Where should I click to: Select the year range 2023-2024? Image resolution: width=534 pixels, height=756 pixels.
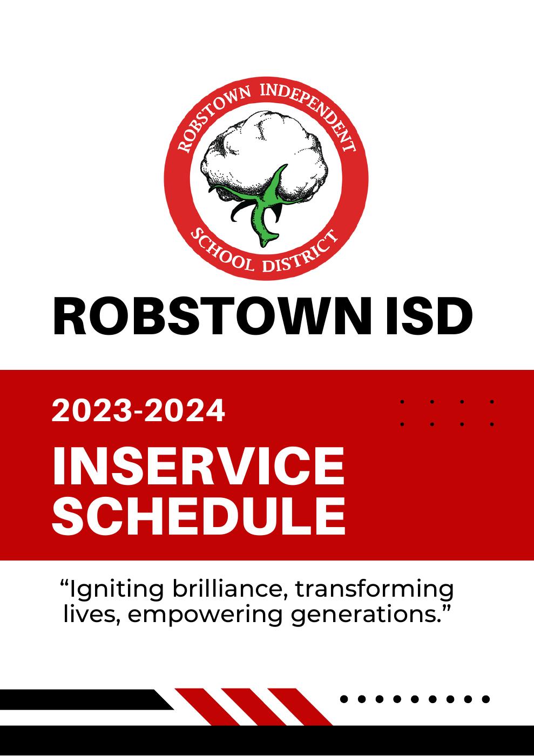click(138, 411)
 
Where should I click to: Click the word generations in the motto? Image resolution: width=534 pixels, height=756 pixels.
click(362, 615)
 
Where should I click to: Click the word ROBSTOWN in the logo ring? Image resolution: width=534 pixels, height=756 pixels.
click(208, 119)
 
